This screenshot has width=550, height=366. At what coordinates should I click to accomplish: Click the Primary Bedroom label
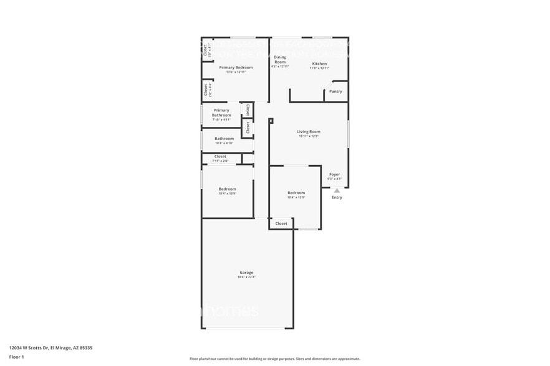coord(236,67)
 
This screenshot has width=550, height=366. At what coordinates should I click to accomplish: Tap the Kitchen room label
coord(319,63)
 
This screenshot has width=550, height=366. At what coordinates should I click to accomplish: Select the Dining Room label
coord(280,60)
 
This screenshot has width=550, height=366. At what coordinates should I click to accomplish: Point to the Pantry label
coord(335,91)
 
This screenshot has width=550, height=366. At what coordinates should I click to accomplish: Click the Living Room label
coord(308,131)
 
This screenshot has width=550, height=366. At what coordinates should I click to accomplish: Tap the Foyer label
coord(335,174)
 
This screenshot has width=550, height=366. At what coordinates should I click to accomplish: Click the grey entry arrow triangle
coord(337,190)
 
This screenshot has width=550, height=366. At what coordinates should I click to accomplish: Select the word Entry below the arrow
coord(337,197)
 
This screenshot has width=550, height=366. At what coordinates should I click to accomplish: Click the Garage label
coord(246,272)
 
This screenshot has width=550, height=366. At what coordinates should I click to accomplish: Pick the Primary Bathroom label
coord(221,113)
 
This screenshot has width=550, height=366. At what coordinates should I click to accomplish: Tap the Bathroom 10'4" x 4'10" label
coord(224,138)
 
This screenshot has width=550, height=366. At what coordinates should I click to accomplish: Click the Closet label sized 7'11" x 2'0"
coord(220,156)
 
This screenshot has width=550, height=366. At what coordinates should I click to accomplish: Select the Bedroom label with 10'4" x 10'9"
coord(227,189)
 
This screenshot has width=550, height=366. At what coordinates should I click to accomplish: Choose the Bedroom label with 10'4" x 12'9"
coord(296,192)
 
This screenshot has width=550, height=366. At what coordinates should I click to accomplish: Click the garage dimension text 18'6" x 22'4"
coord(246,277)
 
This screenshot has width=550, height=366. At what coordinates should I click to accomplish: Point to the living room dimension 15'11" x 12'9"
coord(308,136)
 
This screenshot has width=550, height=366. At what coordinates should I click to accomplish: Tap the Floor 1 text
coord(16,357)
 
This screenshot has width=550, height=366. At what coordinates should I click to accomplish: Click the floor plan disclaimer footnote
coord(274,359)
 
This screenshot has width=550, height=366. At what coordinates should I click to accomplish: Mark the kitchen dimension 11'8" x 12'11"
coord(319,68)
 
